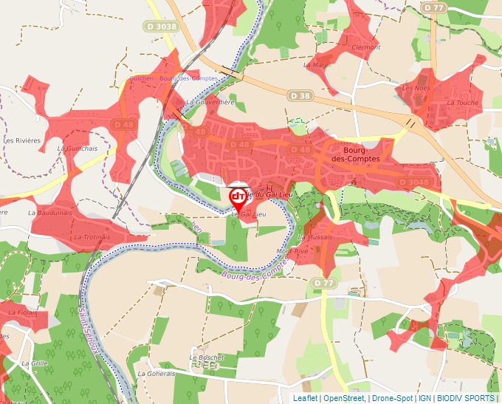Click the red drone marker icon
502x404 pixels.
[238, 196]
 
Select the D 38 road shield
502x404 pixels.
[300, 95]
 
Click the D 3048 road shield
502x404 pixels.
[413, 182]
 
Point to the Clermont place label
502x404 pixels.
[366, 47]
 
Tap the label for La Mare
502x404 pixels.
[321, 65]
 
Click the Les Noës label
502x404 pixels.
[416, 88]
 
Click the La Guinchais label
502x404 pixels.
[78, 148]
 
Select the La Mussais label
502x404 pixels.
[315, 238]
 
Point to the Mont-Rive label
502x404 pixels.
[292, 251]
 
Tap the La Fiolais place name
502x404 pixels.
[23, 312]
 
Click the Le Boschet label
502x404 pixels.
[206, 357]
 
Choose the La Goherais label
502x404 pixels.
[157, 374]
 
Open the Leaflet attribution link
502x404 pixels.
[306, 399]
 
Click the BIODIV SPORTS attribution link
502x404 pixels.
[466, 399]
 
